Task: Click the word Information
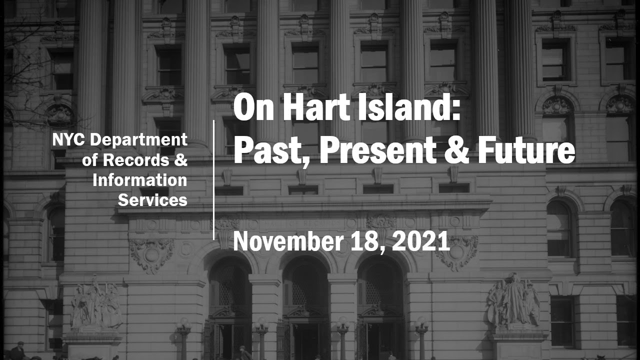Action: point(140,180)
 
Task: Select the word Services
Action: point(152,200)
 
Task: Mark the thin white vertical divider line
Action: point(214,180)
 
